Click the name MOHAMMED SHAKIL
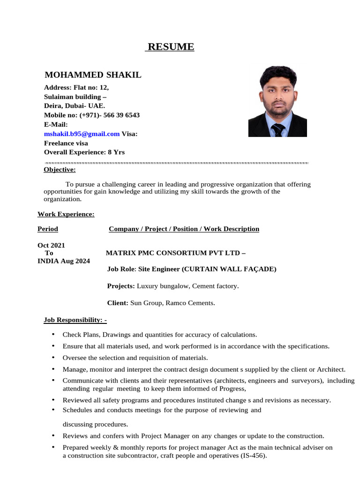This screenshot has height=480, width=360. (93, 75)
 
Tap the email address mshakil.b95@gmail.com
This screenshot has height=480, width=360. (82, 134)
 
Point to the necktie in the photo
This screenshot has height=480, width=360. (278, 130)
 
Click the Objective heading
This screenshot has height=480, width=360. (60, 170)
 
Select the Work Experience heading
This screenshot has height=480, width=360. (66, 214)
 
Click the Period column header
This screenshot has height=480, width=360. (48, 229)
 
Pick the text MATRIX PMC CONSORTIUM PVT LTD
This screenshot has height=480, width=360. (173, 253)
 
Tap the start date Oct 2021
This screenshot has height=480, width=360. (51, 245)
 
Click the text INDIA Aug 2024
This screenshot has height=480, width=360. (64, 261)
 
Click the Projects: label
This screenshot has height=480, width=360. (121, 286)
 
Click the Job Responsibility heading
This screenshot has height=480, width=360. (75, 320)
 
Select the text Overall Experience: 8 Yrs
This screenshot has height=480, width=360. (84, 152)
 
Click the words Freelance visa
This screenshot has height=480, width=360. (66, 143)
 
